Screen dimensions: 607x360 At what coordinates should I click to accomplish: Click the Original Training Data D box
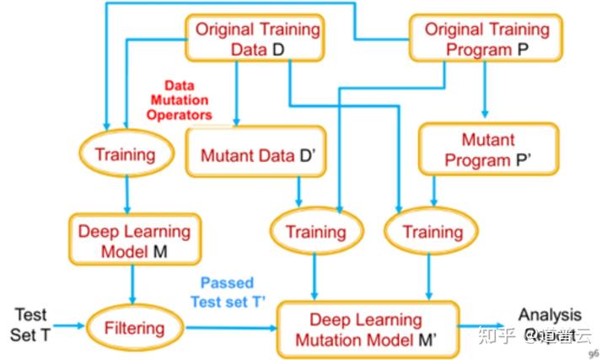[256, 39]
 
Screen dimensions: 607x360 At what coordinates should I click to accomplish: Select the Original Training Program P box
[486, 39]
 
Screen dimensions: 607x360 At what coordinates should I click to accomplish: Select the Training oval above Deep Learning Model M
[126, 154]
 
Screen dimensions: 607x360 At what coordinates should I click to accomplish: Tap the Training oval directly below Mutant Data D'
[315, 231]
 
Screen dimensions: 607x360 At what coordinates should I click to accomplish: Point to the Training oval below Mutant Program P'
[432, 231]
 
